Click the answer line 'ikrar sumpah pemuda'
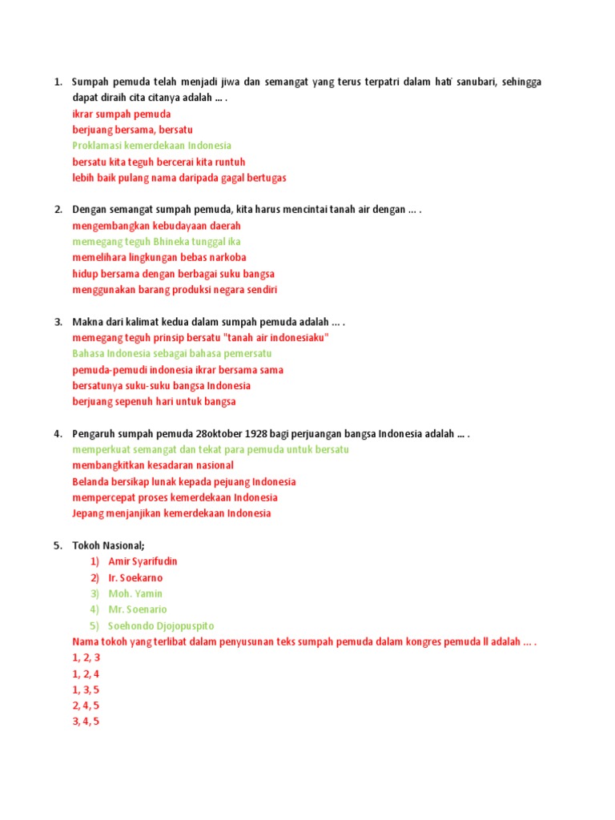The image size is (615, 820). point(121,114)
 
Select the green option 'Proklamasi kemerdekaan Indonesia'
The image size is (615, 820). point(151,146)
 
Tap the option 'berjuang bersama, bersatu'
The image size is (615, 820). point(132,130)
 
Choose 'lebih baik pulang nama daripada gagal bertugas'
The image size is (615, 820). point(179,178)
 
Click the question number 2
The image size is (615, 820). point(58,210)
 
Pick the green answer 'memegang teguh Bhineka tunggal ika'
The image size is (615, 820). point(156,242)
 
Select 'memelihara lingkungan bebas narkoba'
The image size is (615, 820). point(159,258)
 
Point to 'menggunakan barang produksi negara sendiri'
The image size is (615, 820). point(175,290)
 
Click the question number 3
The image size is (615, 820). point(58,322)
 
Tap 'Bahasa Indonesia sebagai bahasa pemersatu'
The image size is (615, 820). point(171,354)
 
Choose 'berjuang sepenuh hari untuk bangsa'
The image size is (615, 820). point(154,402)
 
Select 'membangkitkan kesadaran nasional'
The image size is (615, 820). point(153,466)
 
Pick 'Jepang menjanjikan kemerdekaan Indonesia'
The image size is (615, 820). point(171,514)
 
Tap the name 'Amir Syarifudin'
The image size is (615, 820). point(143,562)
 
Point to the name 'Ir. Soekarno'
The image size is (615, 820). point(135,578)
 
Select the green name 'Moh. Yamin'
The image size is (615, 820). point(135,594)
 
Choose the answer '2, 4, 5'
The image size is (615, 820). point(86,706)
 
